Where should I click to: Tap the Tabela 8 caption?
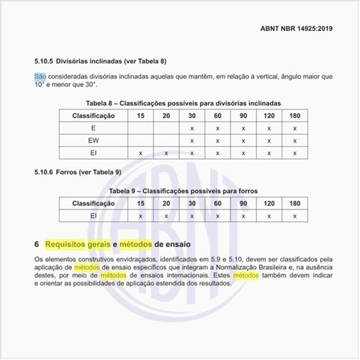[184, 104]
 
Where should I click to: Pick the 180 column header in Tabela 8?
[294, 115]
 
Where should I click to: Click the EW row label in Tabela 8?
[93, 140]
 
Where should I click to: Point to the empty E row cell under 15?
[140, 128]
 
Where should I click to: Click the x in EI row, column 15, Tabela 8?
[140, 153]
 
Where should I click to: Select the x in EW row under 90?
[243, 140]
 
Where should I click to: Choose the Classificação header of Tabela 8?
[93, 115]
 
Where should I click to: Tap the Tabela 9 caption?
[183, 191]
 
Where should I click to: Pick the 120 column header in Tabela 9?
[269, 203]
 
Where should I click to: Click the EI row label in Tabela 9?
[93, 215]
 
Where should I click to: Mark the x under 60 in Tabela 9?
[217, 215]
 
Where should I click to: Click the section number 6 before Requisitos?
[37, 244]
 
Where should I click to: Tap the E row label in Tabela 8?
[93, 128]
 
